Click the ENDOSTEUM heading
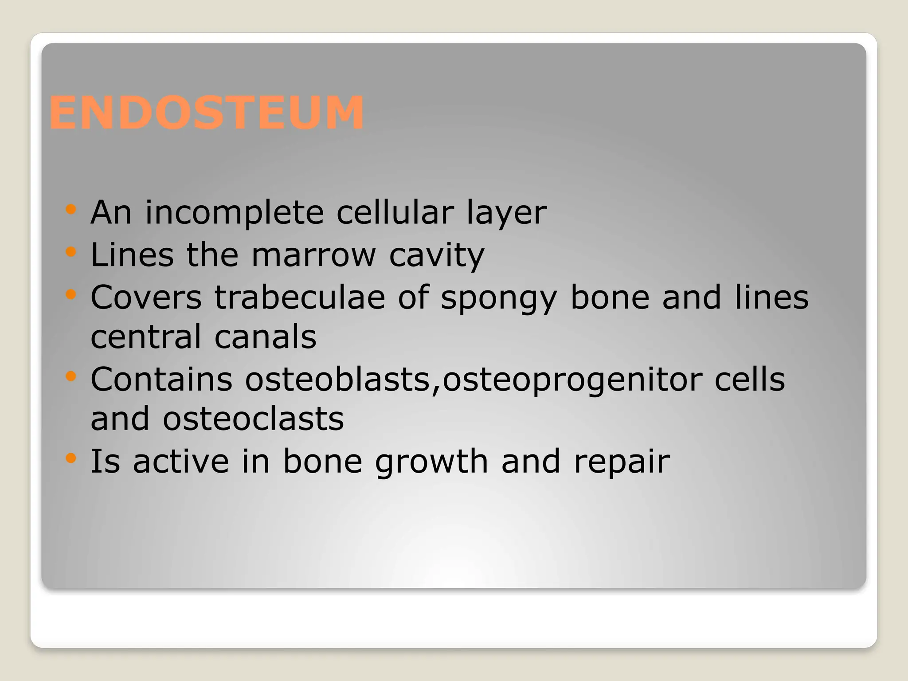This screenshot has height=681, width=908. (207, 113)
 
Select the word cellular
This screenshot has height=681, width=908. (395, 213)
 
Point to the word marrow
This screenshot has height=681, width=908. (313, 255)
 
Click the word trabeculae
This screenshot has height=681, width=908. (300, 297)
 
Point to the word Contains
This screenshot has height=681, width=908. (161, 380)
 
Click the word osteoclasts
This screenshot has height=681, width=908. (253, 419)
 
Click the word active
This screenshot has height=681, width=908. (181, 462)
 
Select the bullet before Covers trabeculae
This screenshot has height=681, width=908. (70, 294)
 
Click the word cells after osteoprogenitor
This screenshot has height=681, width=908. (749, 380)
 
